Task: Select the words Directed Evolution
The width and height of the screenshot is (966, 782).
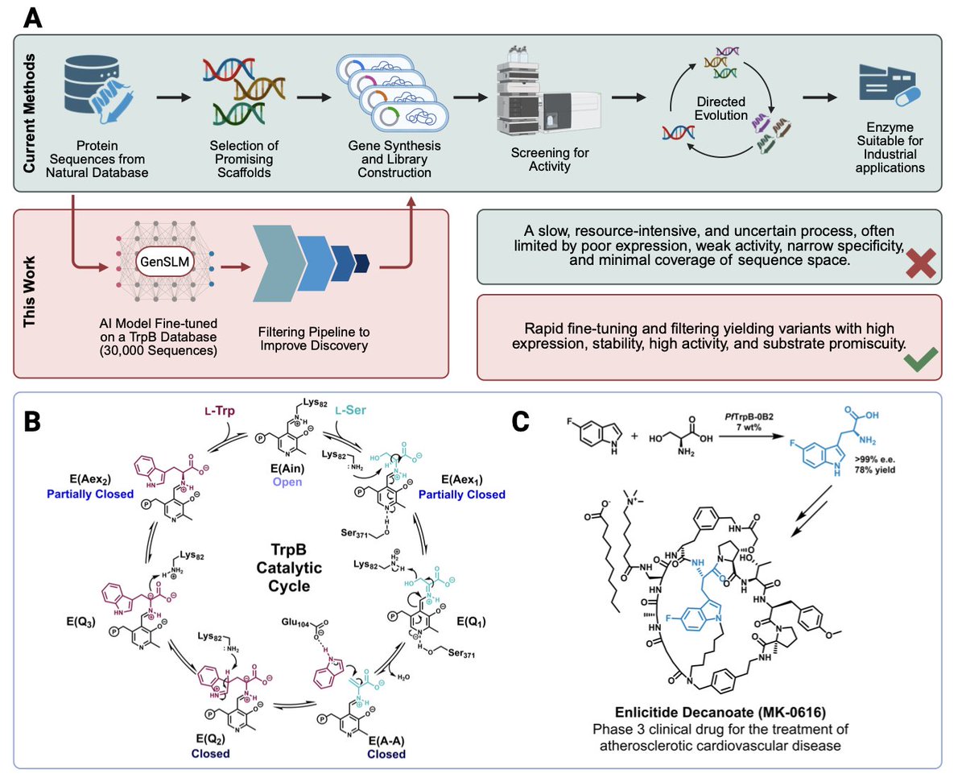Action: (720, 110)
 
